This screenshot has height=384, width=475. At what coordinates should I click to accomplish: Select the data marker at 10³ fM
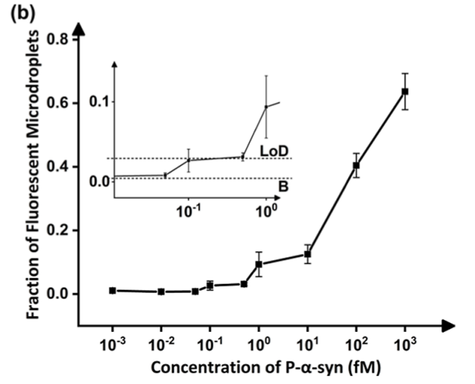click(x=405, y=91)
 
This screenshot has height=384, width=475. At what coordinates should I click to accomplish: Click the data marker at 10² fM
click(x=356, y=166)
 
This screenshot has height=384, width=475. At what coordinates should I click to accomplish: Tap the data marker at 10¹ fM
click(x=307, y=254)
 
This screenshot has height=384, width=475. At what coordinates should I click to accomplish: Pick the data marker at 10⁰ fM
click(x=259, y=264)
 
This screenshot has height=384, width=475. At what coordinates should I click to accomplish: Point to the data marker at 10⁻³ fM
click(x=113, y=290)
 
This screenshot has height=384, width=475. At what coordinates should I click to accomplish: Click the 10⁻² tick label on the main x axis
click(x=160, y=345)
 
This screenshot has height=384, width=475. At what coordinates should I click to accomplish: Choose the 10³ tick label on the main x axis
click(x=405, y=345)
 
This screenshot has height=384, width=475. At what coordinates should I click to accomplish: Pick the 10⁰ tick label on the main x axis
click(x=259, y=345)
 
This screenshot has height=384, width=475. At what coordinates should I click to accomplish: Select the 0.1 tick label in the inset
click(x=97, y=101)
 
